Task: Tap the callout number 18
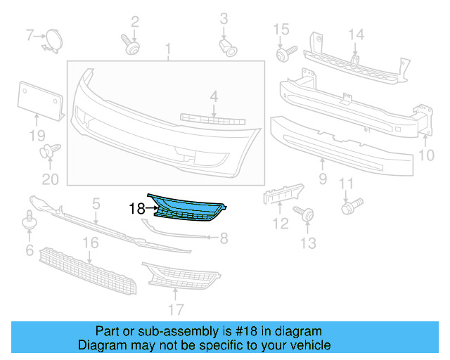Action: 137,209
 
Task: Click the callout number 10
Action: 427,154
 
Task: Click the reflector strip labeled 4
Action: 210,118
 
